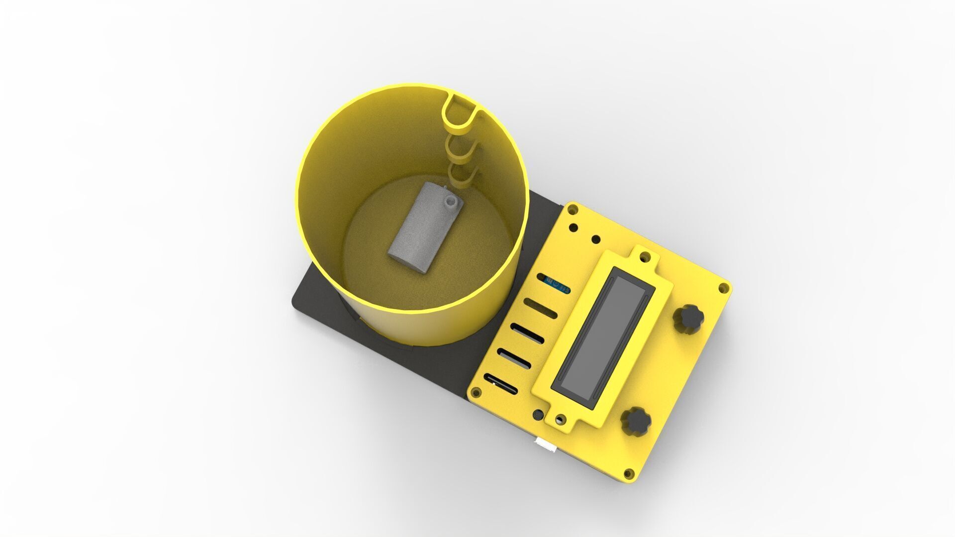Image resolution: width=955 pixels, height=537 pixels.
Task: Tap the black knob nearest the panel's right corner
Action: [x=689, y=318]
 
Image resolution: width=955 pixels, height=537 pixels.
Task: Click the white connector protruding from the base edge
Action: [x=546, y=446]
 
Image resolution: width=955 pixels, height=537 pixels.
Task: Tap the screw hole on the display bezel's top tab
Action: [x=645, y=256]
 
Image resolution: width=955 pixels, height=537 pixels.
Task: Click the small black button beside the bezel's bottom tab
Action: [x=539, y=414]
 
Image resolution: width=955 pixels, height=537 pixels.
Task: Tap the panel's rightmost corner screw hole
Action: [x=724, y=289]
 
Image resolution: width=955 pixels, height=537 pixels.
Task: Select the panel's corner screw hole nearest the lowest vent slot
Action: [x=476, y=394]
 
